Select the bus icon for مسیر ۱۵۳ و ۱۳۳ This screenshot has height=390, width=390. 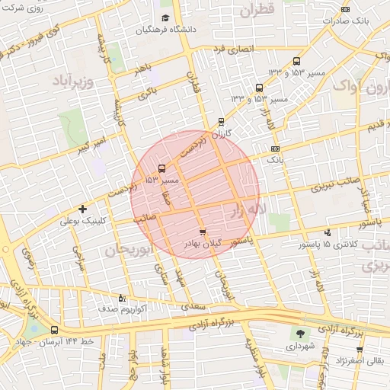[296, 62]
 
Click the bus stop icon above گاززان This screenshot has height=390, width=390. [221, 121]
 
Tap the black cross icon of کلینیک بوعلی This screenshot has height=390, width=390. [83, 209]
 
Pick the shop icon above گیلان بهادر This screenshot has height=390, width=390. [202, 232]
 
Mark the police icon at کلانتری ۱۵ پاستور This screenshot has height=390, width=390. [328, 232]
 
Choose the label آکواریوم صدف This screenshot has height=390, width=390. [123, 310]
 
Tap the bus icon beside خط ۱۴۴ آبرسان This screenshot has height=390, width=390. [54, 331]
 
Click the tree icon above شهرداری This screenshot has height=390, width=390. [299, 333]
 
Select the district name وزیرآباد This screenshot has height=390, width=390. [73, 80]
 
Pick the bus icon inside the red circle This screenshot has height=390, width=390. [161, 168]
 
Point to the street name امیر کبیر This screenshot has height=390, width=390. [96, 143]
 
